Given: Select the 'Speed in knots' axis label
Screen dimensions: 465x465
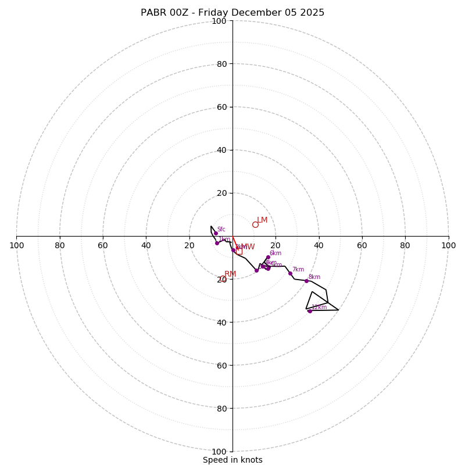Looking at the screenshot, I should pos(233,460).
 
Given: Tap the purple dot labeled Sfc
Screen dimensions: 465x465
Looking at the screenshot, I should pos(216,233).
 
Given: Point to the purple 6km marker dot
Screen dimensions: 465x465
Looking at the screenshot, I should pos(268,257).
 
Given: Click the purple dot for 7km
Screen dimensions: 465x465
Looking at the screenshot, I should pos(290,273).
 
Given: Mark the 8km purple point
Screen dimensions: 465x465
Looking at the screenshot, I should pos(306,281).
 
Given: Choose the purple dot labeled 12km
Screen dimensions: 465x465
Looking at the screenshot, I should pos(310,311).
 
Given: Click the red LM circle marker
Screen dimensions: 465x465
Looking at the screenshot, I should pos(255,224).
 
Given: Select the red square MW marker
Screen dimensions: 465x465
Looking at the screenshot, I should pos(239,251).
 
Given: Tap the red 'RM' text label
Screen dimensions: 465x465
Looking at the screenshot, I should pos(230,274).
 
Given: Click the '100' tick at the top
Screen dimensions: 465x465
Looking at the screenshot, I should pos(219,21).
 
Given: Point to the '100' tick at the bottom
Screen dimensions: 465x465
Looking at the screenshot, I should pos(219,452).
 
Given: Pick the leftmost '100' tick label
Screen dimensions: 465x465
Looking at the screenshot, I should pos(16,245).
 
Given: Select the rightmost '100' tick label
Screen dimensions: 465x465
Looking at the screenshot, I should pos(448,245).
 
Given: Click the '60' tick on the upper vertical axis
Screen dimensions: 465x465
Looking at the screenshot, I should pos(221,107).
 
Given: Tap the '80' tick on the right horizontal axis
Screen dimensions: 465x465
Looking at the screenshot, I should pos(405,245).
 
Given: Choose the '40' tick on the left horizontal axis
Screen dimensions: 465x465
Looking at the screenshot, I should pos(146,245).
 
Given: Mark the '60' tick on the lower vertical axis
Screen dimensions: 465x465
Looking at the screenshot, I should pos(221,366).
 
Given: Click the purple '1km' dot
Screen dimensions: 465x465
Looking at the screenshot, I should pos(217,243).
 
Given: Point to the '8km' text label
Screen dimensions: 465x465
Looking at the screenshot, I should pos(314,277).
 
